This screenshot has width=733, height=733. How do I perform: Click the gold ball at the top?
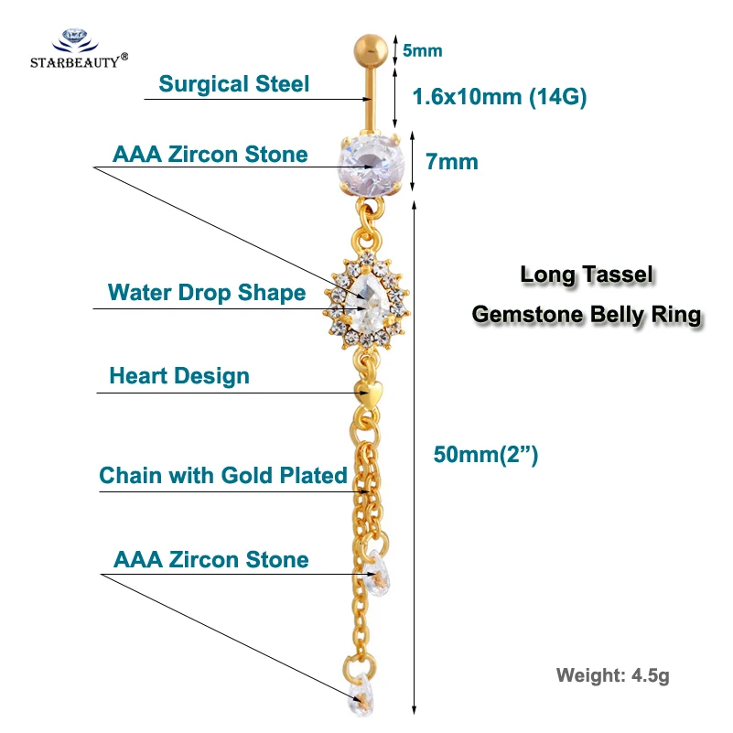point(371,50)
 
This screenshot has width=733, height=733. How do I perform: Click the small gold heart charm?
point(369,393)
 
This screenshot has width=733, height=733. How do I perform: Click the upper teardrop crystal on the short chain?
point(377,574)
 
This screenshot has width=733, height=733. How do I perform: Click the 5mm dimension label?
point(423,50)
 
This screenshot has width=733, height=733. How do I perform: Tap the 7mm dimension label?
point(452,162)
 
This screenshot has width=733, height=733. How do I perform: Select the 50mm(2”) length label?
point(486,455)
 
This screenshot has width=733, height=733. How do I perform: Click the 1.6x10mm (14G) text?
point(500,97)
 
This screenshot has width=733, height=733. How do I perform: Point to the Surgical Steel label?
point(233,84)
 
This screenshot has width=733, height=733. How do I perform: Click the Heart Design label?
point(179,376)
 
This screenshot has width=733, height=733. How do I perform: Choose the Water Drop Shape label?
point(207,293)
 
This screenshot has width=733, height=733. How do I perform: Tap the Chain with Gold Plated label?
point(223,476)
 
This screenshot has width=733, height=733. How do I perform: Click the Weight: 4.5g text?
point(613,676)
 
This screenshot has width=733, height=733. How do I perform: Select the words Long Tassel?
point(587,275)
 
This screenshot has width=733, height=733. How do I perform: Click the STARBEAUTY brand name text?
point(75,62)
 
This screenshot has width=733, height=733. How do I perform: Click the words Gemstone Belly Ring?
point(587,315)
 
